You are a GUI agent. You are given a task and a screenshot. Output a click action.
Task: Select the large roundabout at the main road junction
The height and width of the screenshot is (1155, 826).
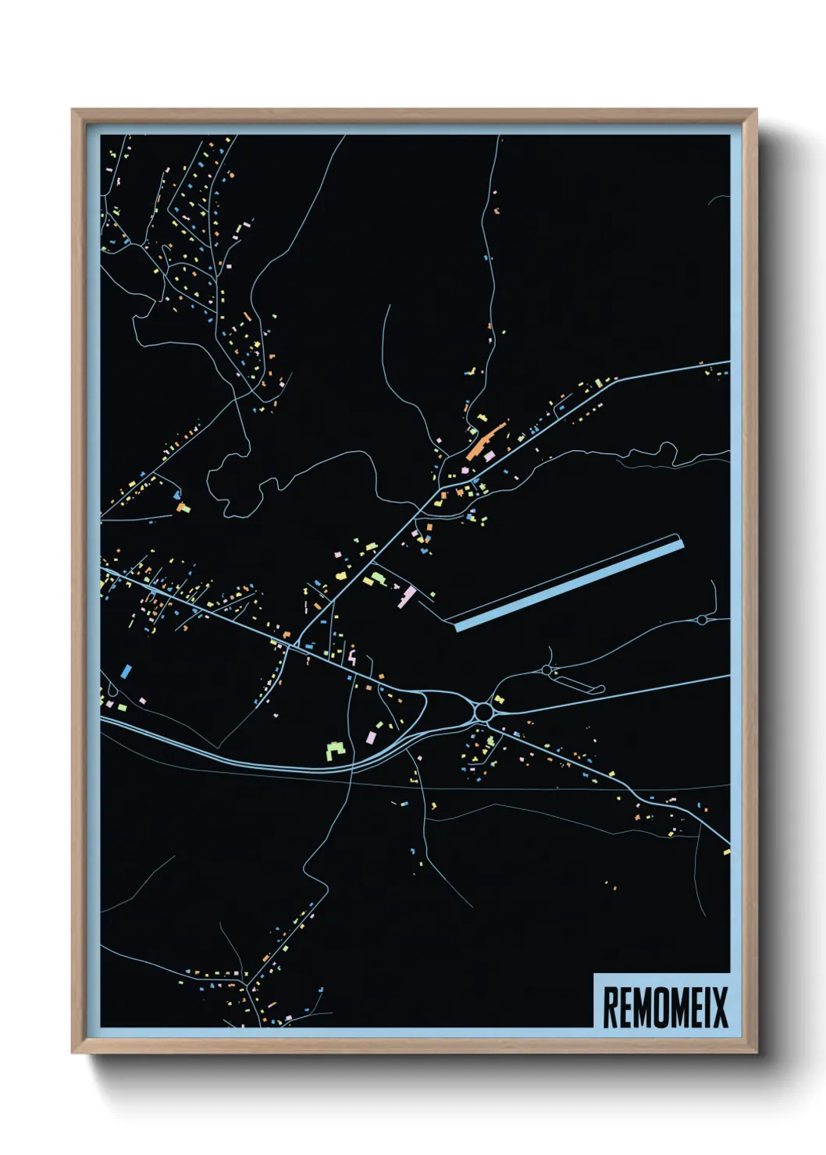[x=483, y=712]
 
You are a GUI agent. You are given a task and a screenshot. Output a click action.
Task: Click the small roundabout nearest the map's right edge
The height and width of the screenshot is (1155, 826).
[x=701, y=620]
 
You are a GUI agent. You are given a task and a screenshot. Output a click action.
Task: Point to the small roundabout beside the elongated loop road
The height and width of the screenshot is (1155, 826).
[x=546, y=670]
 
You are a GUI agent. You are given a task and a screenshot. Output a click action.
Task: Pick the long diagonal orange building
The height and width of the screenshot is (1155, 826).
[x=485, y=442]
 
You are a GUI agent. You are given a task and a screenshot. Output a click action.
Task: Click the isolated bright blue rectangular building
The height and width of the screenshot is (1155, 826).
[x=126, y=670]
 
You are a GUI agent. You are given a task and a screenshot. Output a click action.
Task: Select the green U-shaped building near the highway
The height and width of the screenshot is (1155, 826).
[x=336, y=752]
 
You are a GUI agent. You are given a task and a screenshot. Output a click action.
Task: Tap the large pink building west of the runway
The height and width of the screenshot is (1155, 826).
[x=407, y=597]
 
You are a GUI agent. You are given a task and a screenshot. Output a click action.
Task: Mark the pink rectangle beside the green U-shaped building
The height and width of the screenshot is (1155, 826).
[x=370, y=737]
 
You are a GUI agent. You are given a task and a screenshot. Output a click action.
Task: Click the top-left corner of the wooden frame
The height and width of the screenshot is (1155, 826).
[x=73, y=111]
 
